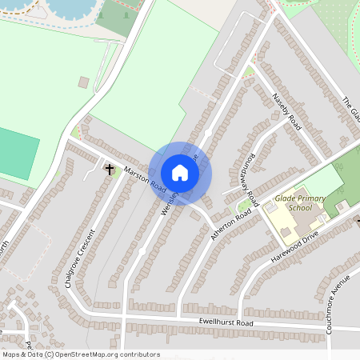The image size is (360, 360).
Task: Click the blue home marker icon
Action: click(180, 173)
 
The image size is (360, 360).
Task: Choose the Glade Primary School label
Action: click(293, 202)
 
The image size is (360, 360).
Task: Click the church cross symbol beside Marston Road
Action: click(110, 169)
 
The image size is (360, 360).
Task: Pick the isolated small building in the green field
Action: click(83, 82)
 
